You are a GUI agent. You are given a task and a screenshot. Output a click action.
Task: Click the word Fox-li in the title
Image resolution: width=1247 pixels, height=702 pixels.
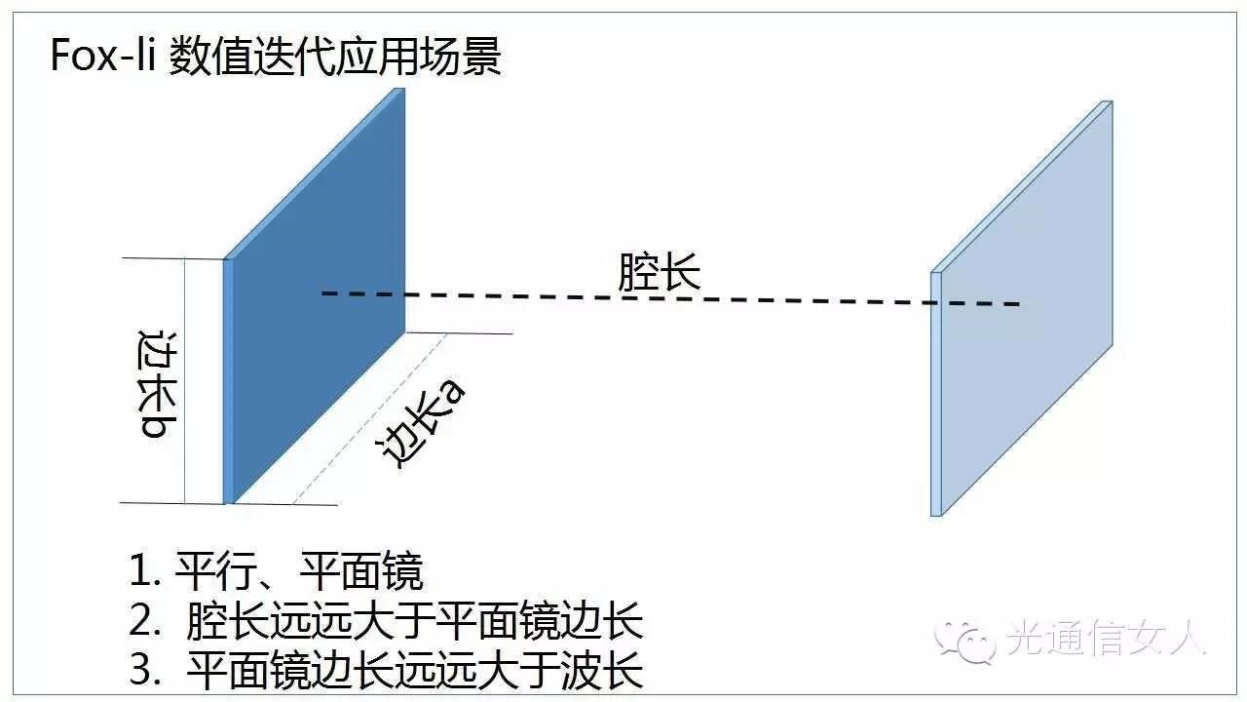click(103, 58)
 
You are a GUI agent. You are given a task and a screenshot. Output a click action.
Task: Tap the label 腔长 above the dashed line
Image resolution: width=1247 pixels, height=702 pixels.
click(660, 273)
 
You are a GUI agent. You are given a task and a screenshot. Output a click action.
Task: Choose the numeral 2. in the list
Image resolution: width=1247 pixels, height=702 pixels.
click(147, 622)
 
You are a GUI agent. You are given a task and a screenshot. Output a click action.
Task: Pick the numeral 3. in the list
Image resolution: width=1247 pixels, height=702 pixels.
click(147, 672)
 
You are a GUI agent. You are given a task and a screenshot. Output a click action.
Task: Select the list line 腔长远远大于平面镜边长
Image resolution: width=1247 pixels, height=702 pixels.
click(415, 622)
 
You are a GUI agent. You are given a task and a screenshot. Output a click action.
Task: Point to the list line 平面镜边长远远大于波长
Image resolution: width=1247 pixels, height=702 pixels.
click(415, 672)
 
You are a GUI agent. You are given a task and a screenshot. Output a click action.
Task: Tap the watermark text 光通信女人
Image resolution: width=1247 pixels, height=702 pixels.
click(1106, 640)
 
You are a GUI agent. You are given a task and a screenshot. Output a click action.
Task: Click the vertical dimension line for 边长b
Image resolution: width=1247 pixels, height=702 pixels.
click(184, 380)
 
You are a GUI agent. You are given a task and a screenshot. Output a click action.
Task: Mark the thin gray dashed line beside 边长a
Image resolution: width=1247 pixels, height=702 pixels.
click(370, 419)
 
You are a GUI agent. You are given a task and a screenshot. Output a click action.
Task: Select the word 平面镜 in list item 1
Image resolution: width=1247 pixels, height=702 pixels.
click(361, 571)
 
